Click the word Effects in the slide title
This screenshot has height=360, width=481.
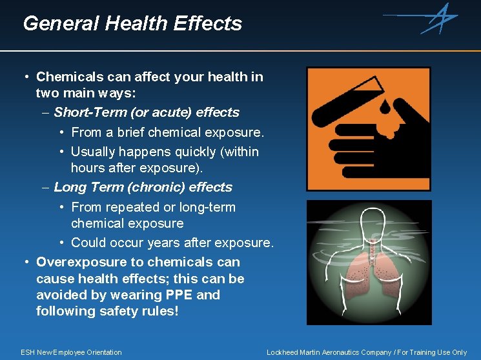click(x=209, y=24)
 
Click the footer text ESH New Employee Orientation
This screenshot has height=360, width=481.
click(x=71, y=352)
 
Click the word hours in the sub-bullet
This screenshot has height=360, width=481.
click(x=87, y=168)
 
